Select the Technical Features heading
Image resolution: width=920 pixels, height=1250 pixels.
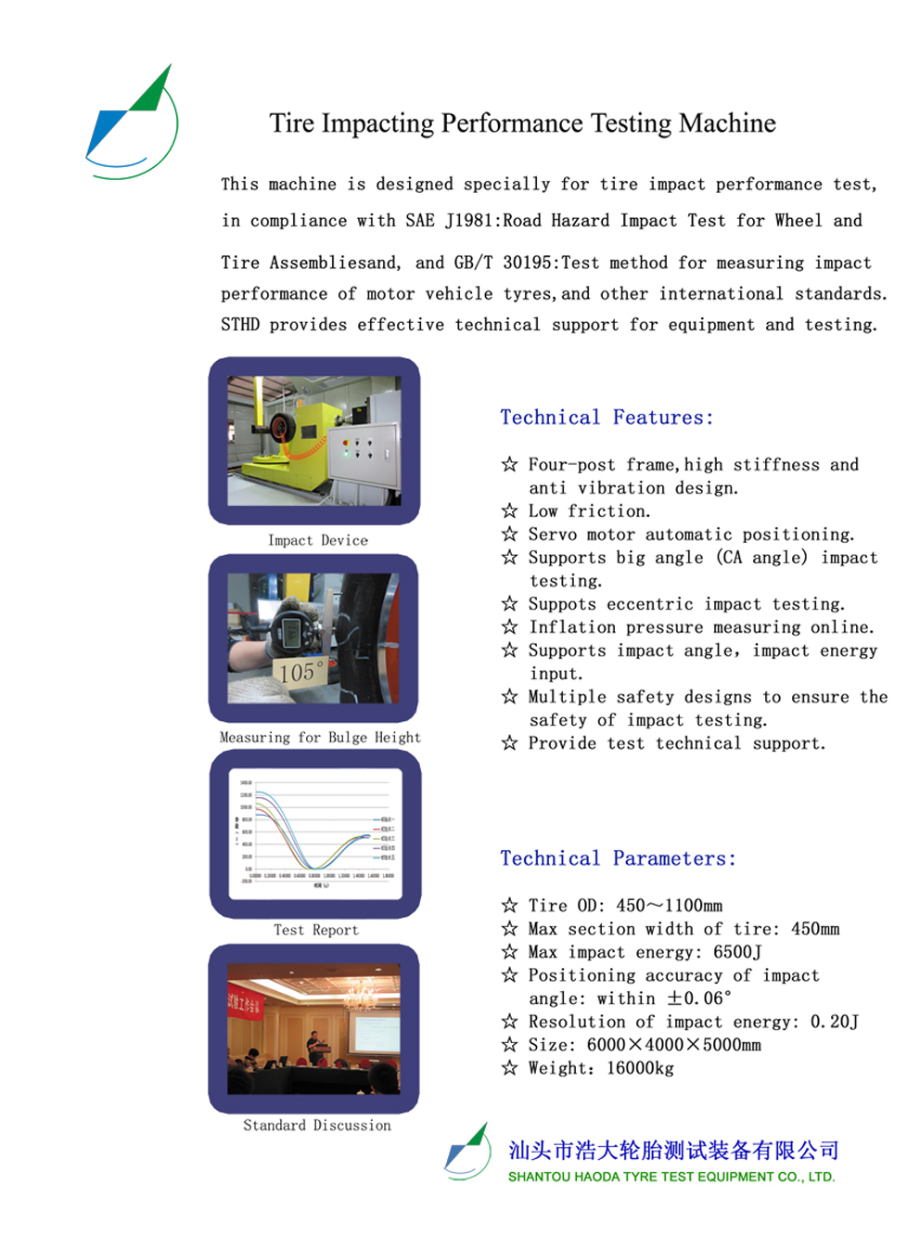tap(607, 418)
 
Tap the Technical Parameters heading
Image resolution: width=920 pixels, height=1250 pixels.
tap(618, 858)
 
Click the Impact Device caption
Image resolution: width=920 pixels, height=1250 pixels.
tap(317, 540)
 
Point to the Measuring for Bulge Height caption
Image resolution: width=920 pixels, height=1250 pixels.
tap(320, 737)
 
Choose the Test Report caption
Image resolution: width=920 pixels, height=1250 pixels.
tap(315, 930)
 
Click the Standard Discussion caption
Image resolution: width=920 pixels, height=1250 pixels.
tap(317, 1125)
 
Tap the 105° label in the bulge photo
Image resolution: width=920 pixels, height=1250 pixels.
tap(300, 671)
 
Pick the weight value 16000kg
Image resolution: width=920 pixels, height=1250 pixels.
tap(640, 1068)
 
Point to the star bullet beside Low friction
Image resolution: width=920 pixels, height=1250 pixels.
tap(509, 510)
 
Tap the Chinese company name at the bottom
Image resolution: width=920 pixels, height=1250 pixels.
tap(673, 1151)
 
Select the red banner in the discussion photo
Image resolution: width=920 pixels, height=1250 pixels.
tap(244, 1003)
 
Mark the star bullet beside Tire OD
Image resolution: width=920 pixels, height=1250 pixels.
tap(509, 905)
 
